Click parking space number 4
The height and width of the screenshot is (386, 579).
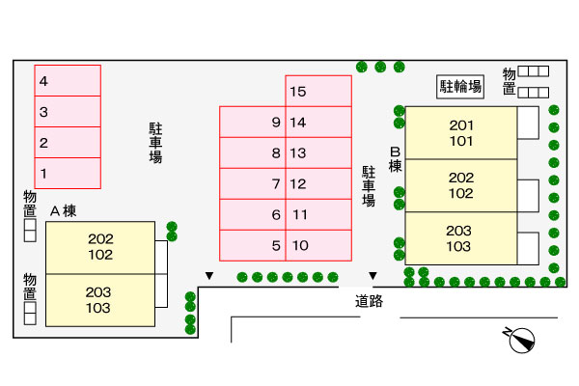click(x=68, y=81)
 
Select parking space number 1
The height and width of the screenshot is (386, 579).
click(x=68, y=173)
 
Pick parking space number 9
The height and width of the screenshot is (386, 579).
click(x=253, y=123)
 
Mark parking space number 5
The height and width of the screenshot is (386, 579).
click(x=253, y=245)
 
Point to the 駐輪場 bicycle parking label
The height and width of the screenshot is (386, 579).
click(x=461, y=85)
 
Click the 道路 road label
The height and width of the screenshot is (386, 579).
click(x=369, y=301)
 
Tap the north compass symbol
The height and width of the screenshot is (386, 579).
click(x=522, y=340)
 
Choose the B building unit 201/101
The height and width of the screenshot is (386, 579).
click(x=461, y=133)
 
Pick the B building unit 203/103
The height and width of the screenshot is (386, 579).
click(x=459, y=238)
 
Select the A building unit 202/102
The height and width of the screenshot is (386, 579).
click(x=100, y=247)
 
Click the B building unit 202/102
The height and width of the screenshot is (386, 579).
click(x=461, y=185)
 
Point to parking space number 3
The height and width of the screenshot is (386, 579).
click(x=68, y=112)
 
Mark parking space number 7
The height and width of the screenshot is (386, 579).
click(x=253, y=183)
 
